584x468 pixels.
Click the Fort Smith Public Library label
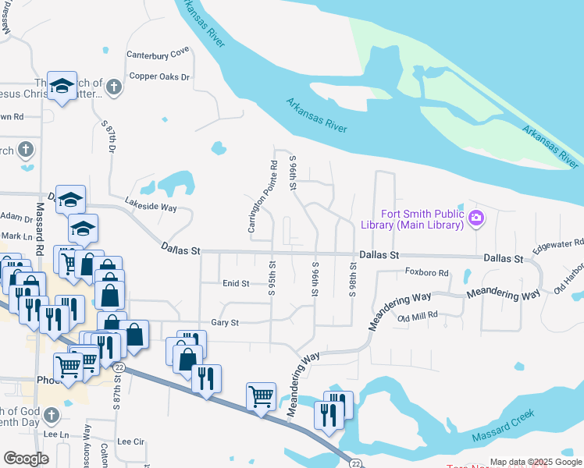[x=422, y=220]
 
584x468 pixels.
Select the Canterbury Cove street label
[x=158, y=52]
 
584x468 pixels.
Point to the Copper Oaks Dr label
[x=159, y=77]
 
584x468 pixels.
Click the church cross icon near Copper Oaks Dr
[x=114, y=87]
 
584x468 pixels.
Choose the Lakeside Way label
[x=151, y=207]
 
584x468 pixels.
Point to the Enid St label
[x=235, y=284]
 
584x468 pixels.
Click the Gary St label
[x=224, y=322]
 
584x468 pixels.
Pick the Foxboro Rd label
[x=427, y=273]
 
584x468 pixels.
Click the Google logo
[x=26, y=459]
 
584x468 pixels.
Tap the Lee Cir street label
[x=131, y=441]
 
